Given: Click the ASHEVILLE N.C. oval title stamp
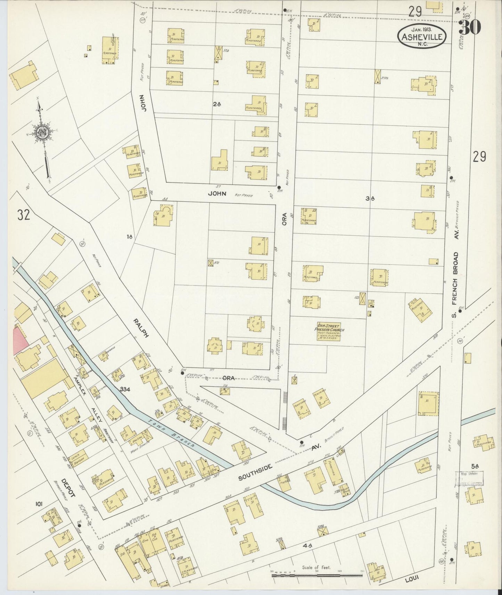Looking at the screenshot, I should pyautogui.click(x=422, y=36).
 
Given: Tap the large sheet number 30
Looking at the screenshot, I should pyautogui.click(x=470, y=27).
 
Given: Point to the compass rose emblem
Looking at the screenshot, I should pyautogui.click(x=42, y=133).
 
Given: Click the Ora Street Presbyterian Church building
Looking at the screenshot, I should pyautogui.click(x=330, y=331).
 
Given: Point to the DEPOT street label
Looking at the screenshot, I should pyautogui.click(x=68, y=488).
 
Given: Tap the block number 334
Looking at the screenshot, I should pyautogui.click(x=125, y=389).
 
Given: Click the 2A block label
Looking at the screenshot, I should pyautogui.click(x=217, y=103).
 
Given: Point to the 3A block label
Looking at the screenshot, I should pyautogui.click(x=370, y=199).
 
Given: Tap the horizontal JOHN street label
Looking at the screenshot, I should pyautogui.click(x=217, y=194).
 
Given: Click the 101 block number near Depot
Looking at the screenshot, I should pyautogui.click(x=39, y=504).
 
